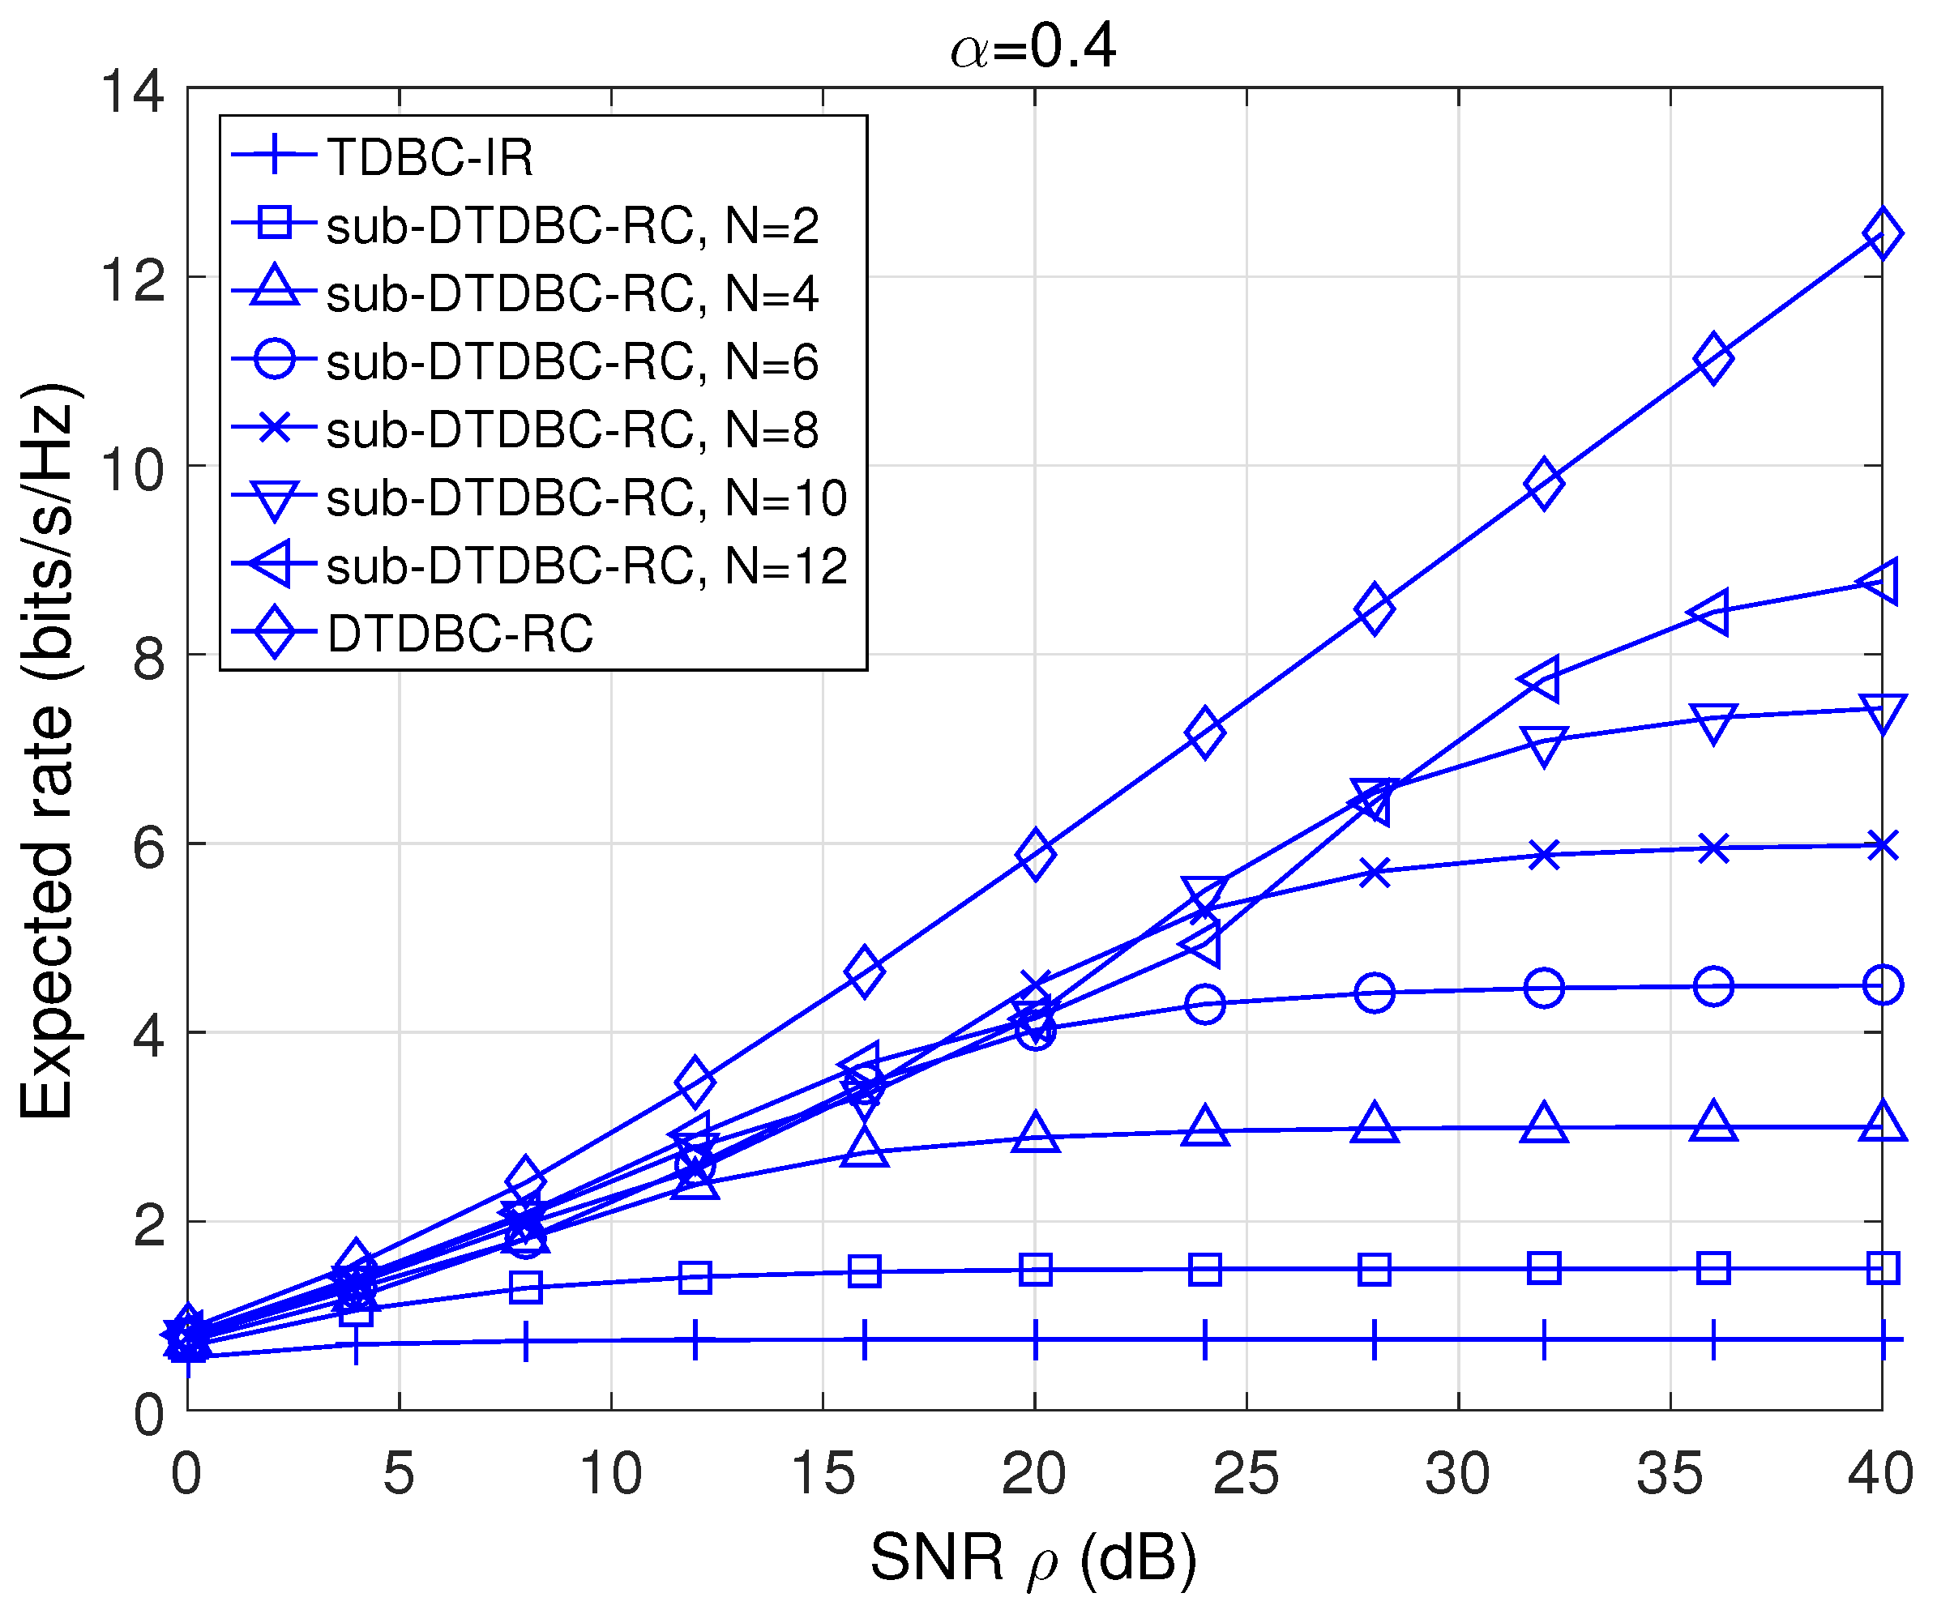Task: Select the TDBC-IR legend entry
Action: (x=429, y=156)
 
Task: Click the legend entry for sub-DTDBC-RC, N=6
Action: (x=572, y=361)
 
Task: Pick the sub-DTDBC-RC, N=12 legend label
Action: (x=587, y=566)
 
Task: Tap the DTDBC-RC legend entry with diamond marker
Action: (x=460, y=634)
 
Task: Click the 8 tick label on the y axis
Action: (x=148, y=659)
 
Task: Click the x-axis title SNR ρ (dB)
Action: (x=1033, y=1558)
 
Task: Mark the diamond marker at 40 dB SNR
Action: (x=1883, y=234)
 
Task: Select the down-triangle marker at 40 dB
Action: (x=1883, y=712)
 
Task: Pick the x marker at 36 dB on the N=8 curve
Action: (x=1713, y=848)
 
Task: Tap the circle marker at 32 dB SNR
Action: (x=1544, y=989)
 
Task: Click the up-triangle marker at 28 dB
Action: (x=1375, y=1125)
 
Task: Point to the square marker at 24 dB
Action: (x=1205, y=1270)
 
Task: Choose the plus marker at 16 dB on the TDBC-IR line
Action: (x=864, y=1340)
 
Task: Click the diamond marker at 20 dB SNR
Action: (x=1035, y=854)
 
